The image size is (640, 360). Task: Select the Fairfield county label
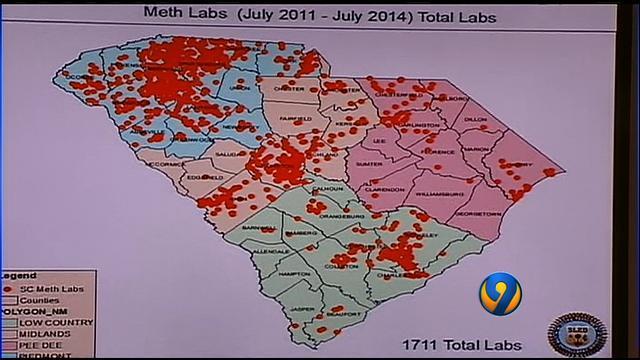(x=297, y=119)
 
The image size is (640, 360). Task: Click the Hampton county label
(x=294, y=273)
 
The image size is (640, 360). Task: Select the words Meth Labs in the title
(x=181, y=14)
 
